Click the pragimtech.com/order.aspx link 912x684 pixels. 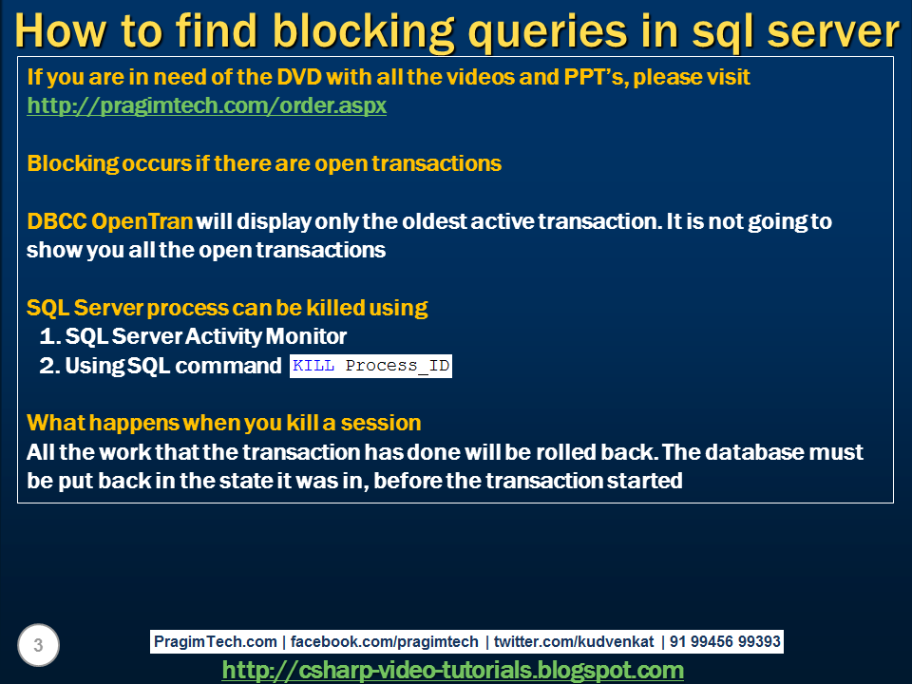coord(206,105)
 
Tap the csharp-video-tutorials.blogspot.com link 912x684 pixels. coord(452,670)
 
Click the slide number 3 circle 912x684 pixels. coord(38,646)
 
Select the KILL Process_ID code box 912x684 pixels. coord(370,366)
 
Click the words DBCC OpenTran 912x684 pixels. coord(110,221)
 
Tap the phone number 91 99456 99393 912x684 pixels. coord(725,641)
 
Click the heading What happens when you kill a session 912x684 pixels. coord(224,422)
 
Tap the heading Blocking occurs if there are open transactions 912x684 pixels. coord(264,163)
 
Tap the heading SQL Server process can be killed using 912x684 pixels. coord(227,308)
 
